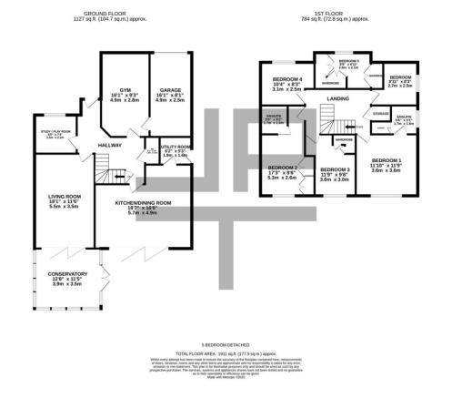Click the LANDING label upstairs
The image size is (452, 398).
click(341, 99)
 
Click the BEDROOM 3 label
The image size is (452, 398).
click(336, 169)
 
